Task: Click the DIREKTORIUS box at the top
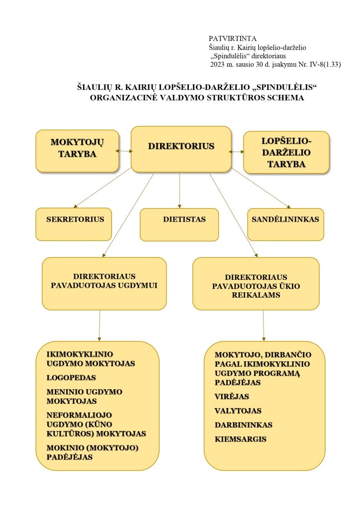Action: pyautogui.click(x=181, y=149)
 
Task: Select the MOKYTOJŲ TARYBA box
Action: pyautogui.click(x=77, y=151)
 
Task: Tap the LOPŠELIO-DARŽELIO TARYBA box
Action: pyautogui.click(x=286, y=152)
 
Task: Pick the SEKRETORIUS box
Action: pyautogui.click(x=74, y=224)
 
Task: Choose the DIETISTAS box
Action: pyautogui.click(x=179, y=225)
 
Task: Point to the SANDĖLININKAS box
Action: pyautogui.click(x=285, y=224)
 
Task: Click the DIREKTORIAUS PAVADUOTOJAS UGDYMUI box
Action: pyautogui.click(x=104, y=284)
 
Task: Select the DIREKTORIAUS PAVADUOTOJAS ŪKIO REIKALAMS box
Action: pyautogui.click(x=256, y=284)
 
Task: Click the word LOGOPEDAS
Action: pyautogui.click(x=71, y=378)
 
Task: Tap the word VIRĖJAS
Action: pyautogui.click(x=232, y=396)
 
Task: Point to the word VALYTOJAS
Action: pyautogui.click(x=238, y=411)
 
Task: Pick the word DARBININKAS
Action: pyautogui.click(x=244, y=425)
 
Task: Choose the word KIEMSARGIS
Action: pyautogui.click(x=241, y=439)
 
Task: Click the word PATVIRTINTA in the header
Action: pyautogui.click(x=232, y=39)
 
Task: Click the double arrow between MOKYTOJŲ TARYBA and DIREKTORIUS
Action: pyautogui.click(x=124, y=151)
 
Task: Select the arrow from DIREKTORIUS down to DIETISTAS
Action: pyautogui.click(x=180, y=190)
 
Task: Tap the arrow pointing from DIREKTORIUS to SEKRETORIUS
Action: pyautogui.click(x=102, y=188)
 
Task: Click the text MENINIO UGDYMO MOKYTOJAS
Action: pyautogui.click(x=85, y=396)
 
